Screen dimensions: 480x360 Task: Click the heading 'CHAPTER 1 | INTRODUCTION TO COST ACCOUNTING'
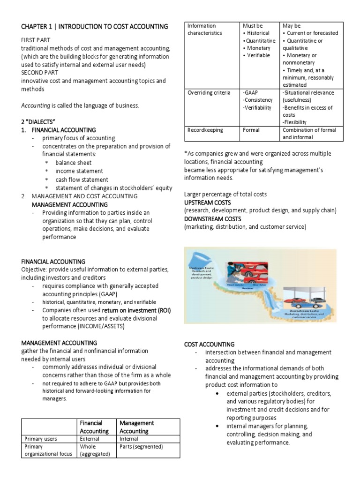click(95, 27)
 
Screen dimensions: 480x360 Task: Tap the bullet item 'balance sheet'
click(74, 163)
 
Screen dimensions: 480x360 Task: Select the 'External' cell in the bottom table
click(90, 439)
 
